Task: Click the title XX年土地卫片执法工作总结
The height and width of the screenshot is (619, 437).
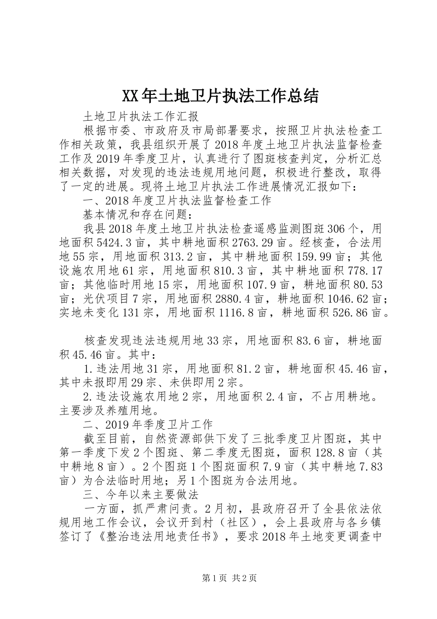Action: tap(220, 96)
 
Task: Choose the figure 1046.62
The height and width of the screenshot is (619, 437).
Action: tap(351, 299)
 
